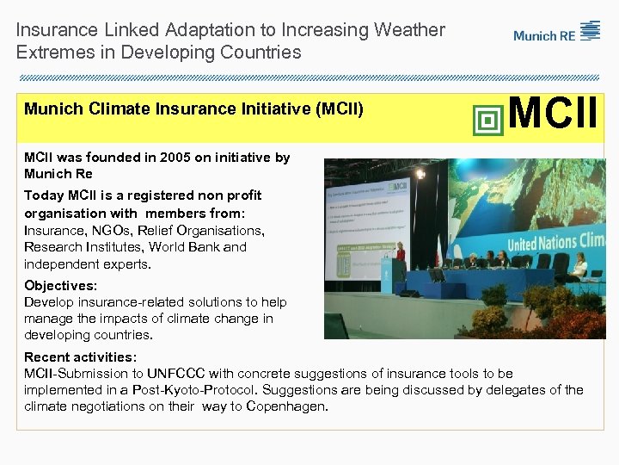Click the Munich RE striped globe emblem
(591, 31)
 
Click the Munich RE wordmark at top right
(545, 36)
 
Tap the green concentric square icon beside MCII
(488, 120)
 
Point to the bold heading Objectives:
(61, 285)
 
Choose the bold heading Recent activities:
(81, 356)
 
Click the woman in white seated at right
(580, 267)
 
